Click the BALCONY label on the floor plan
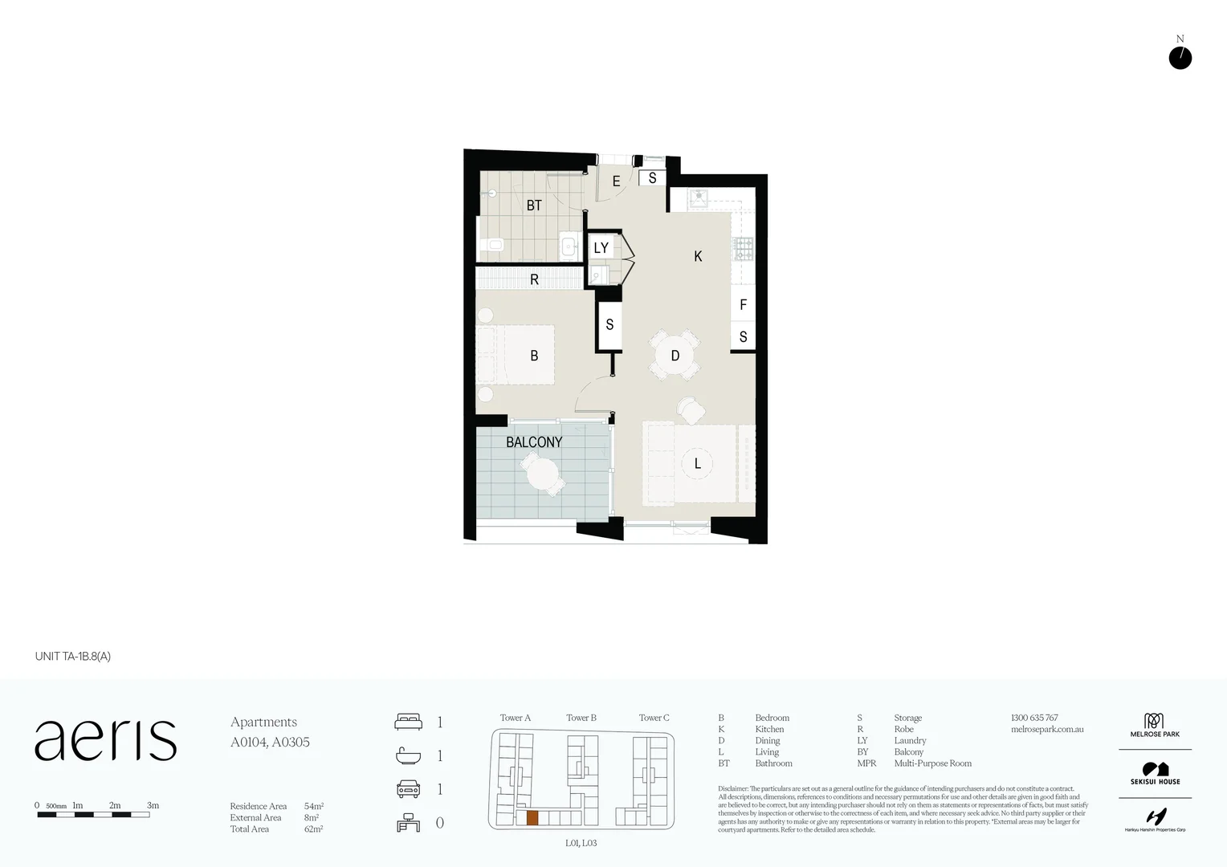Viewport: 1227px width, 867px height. click(534, 442)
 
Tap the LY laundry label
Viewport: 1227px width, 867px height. click(601, 248)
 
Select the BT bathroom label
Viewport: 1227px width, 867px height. click(534, 206)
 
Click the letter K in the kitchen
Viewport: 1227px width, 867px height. click(698, 256)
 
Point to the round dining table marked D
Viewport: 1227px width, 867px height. click(675, 356)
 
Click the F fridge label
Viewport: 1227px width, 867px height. click(743, 305)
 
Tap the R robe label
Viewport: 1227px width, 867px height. click(534, 279)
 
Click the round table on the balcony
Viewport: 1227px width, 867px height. click(543, 474)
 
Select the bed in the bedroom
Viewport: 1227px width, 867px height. click(516, 354)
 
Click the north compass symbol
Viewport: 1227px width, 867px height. click(1180, 58)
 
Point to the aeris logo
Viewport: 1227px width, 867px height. click(105, 740)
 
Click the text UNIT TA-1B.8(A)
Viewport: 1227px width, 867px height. click(73, 656)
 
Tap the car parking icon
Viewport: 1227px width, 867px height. click(408, 789)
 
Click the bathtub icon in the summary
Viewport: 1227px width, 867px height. click(408, 755)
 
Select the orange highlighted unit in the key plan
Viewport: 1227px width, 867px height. click(532, 818)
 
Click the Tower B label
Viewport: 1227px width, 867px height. click(581, 718)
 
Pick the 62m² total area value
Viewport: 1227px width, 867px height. click(313, 829)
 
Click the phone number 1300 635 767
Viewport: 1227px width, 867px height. click(1034, 718)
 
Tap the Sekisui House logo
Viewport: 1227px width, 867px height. click(1155, 774)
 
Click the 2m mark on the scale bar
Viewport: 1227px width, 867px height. click(115, 806)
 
